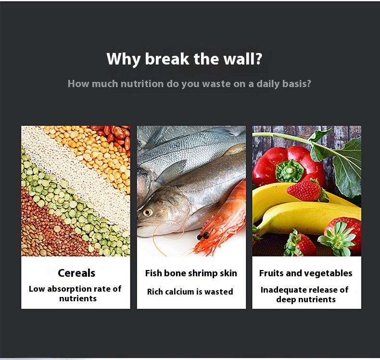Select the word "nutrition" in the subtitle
(x=142, y=84)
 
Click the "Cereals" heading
(x=76, y=273)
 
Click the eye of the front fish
(x=147, y=212)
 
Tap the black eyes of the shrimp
(x=203, y=236)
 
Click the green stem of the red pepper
(x=290, y=171)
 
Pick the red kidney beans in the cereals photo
(x=114, y=137)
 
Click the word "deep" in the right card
(x=286, y=300)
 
